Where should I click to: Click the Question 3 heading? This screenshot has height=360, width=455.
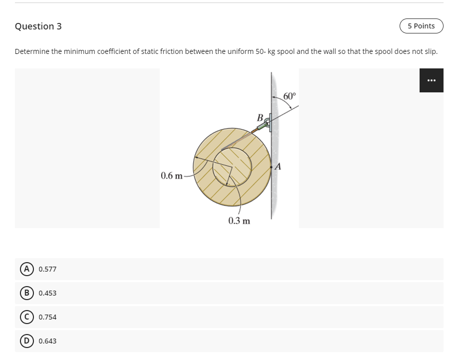coord(38,26)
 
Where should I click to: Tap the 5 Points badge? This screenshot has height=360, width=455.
coord(421,26)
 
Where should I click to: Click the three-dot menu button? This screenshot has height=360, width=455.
coord(431,80)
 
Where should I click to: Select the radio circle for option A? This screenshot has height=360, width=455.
coord(24,269)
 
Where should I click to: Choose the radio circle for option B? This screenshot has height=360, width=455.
coord(24,293)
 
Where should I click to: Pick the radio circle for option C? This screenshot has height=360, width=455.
coord(24,317)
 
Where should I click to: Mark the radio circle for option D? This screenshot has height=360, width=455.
coord(24,341)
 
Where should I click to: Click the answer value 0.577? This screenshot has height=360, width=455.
coord(47,269)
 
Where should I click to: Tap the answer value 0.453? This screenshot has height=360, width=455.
coord(47,293)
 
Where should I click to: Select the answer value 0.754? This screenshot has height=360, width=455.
coord(47,317)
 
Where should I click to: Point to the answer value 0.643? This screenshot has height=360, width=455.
coord(47,341)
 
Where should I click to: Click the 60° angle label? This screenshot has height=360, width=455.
coord(289,96)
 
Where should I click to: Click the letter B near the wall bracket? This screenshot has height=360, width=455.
coord(260,118)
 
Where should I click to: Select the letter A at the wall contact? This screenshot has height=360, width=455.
coord(278,167)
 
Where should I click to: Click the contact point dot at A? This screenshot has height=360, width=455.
coord(271,166)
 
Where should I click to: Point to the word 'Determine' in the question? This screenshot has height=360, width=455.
coord(31,51)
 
